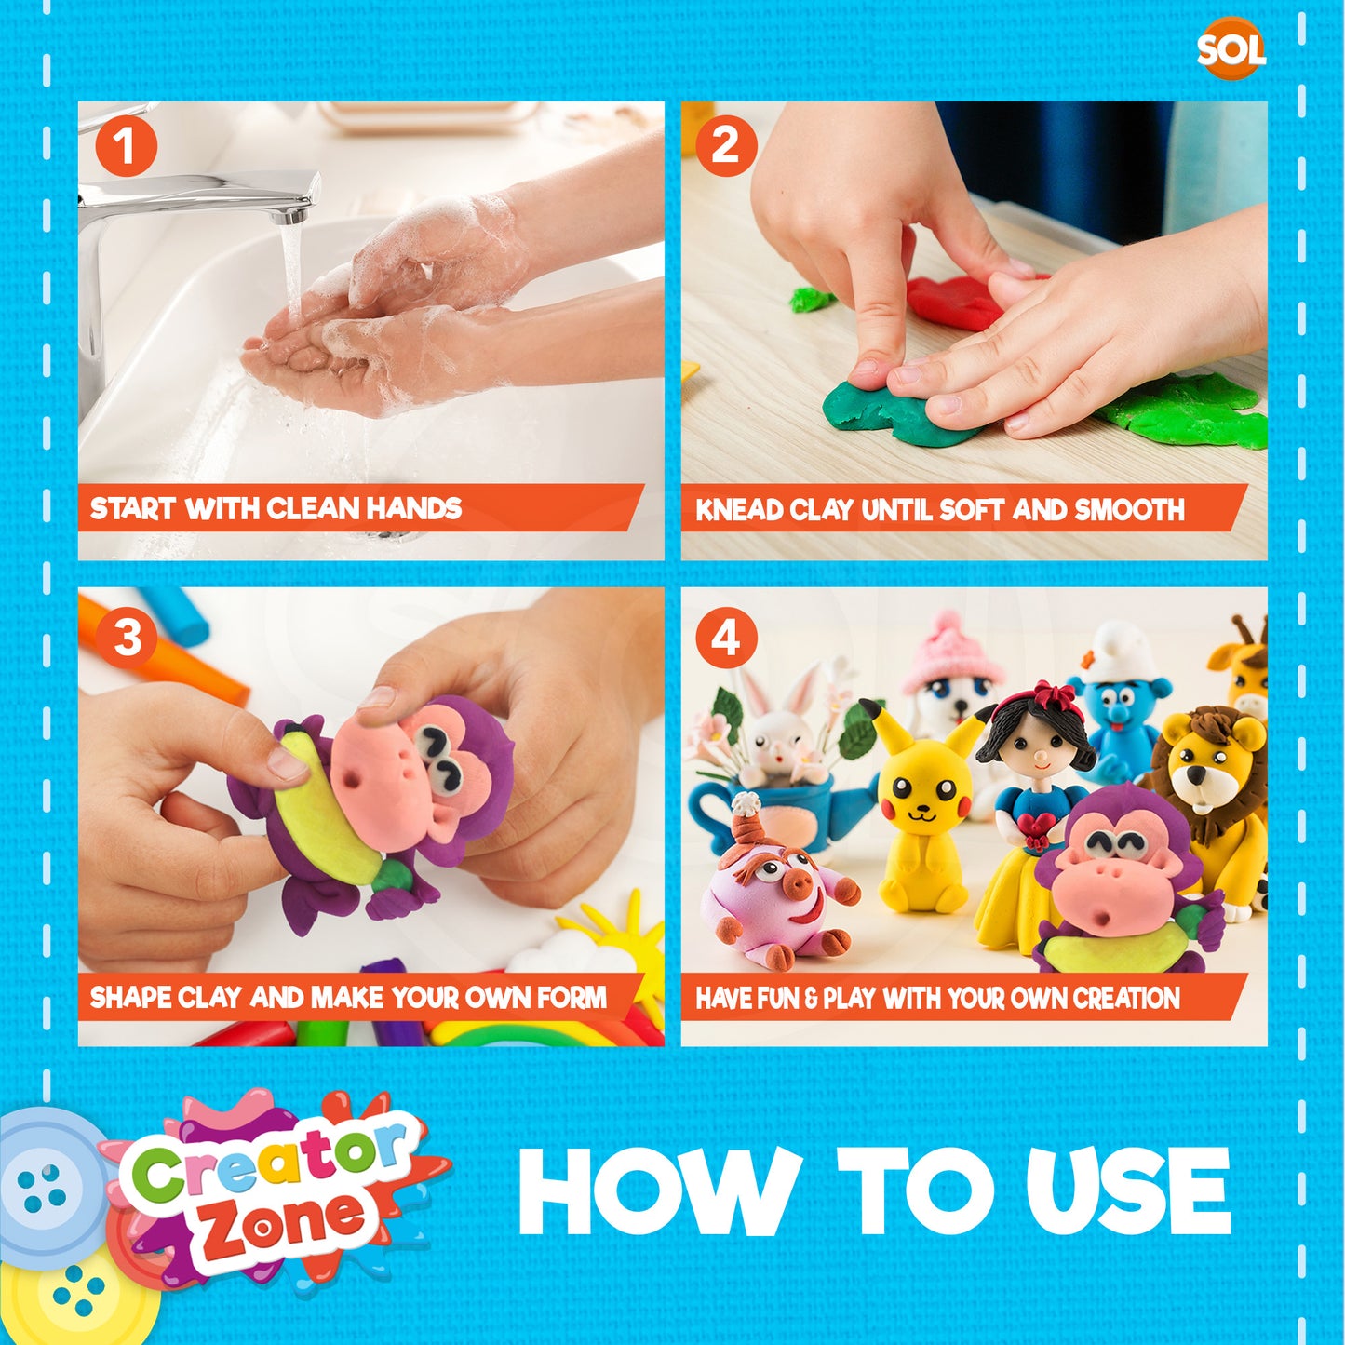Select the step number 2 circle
[727, 148]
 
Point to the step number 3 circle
[127, 638]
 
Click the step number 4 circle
[727, 638]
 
